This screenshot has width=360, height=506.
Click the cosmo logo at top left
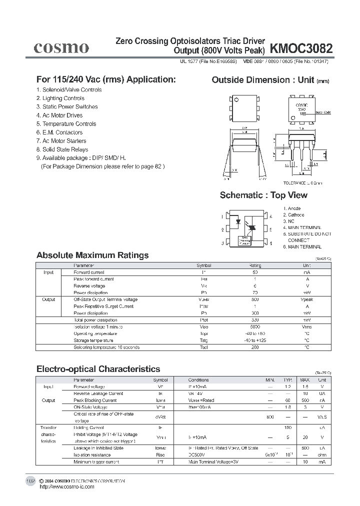point(61,47)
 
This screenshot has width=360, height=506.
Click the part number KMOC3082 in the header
point(300,48)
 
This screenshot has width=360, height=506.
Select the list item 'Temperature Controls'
point(66,123)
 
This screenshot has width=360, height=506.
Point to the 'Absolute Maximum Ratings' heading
point(92,255)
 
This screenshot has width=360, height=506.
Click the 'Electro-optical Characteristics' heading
point(98,369)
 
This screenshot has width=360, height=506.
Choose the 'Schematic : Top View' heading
point(263,195)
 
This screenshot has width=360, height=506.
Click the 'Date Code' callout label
point(323,112)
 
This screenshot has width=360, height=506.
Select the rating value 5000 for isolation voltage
point(254,327)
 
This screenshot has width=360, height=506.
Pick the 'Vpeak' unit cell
point(306,299)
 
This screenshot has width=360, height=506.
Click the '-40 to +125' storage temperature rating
point(254,340)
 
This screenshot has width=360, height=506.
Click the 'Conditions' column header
point(198,380)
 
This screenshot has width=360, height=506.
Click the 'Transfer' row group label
point(48,428)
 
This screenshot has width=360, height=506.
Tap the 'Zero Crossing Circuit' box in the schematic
point(245,240)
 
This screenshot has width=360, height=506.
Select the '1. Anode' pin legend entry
point(292,208)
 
